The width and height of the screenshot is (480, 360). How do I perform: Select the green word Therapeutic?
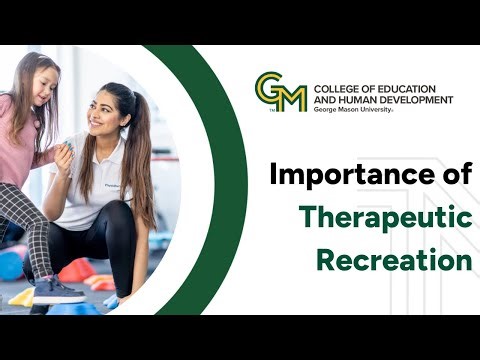coord(386,218)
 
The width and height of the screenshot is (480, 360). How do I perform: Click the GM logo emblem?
coord(280,92)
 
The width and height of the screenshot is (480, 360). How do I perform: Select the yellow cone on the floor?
coord(23,297)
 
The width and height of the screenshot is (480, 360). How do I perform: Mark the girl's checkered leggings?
coord(34,225)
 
